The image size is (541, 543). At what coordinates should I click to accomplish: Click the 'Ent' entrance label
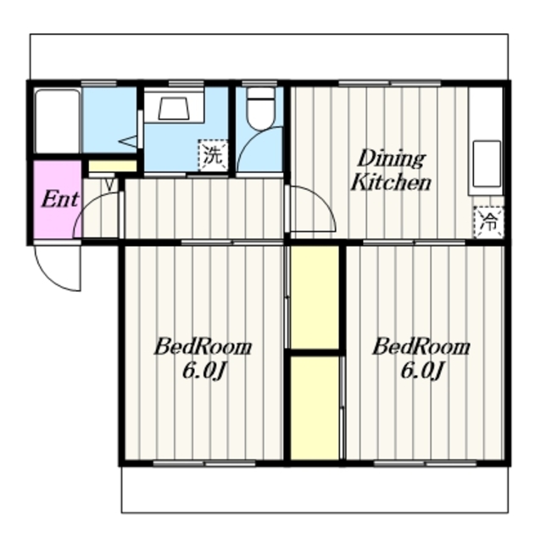coord(60,199)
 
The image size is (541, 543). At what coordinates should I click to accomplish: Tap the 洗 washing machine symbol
coord(213,154)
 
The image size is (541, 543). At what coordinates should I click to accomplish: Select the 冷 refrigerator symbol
coord(488,222)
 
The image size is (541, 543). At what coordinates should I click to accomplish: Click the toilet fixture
coord(260,109)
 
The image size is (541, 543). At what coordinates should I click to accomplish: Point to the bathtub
coord(58,120)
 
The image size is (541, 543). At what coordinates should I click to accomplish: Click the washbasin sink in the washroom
coord(174,109)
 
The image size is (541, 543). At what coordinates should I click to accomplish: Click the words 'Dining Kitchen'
coord(391,171)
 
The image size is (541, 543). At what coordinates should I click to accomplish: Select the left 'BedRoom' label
coord(203,347)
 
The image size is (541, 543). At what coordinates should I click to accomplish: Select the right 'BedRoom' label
coord(421,347)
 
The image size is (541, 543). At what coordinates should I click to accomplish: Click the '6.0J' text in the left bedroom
coord(204,372)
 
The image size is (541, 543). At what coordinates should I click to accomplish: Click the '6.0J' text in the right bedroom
coord(422,372)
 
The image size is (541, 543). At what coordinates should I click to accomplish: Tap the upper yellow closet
coord(315,297)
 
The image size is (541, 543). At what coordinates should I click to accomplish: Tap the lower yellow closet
coord(315,408)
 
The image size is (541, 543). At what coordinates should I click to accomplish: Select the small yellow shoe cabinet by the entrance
coord(113,166)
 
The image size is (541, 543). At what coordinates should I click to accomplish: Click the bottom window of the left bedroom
coord(204,463)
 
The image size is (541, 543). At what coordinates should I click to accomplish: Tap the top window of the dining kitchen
coord(390,83)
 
